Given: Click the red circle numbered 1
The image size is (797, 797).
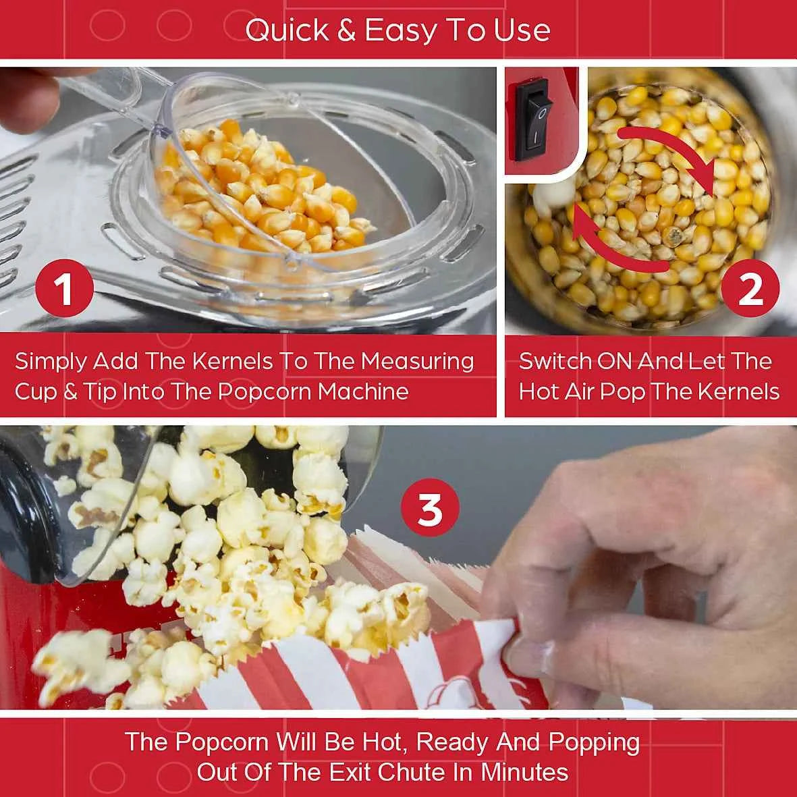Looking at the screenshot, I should (64, 289).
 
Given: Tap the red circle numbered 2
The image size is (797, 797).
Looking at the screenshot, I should (750, 289).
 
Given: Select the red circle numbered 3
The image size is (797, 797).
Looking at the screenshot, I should (430, 510).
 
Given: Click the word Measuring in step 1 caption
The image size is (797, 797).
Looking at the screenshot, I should (417, 362).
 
